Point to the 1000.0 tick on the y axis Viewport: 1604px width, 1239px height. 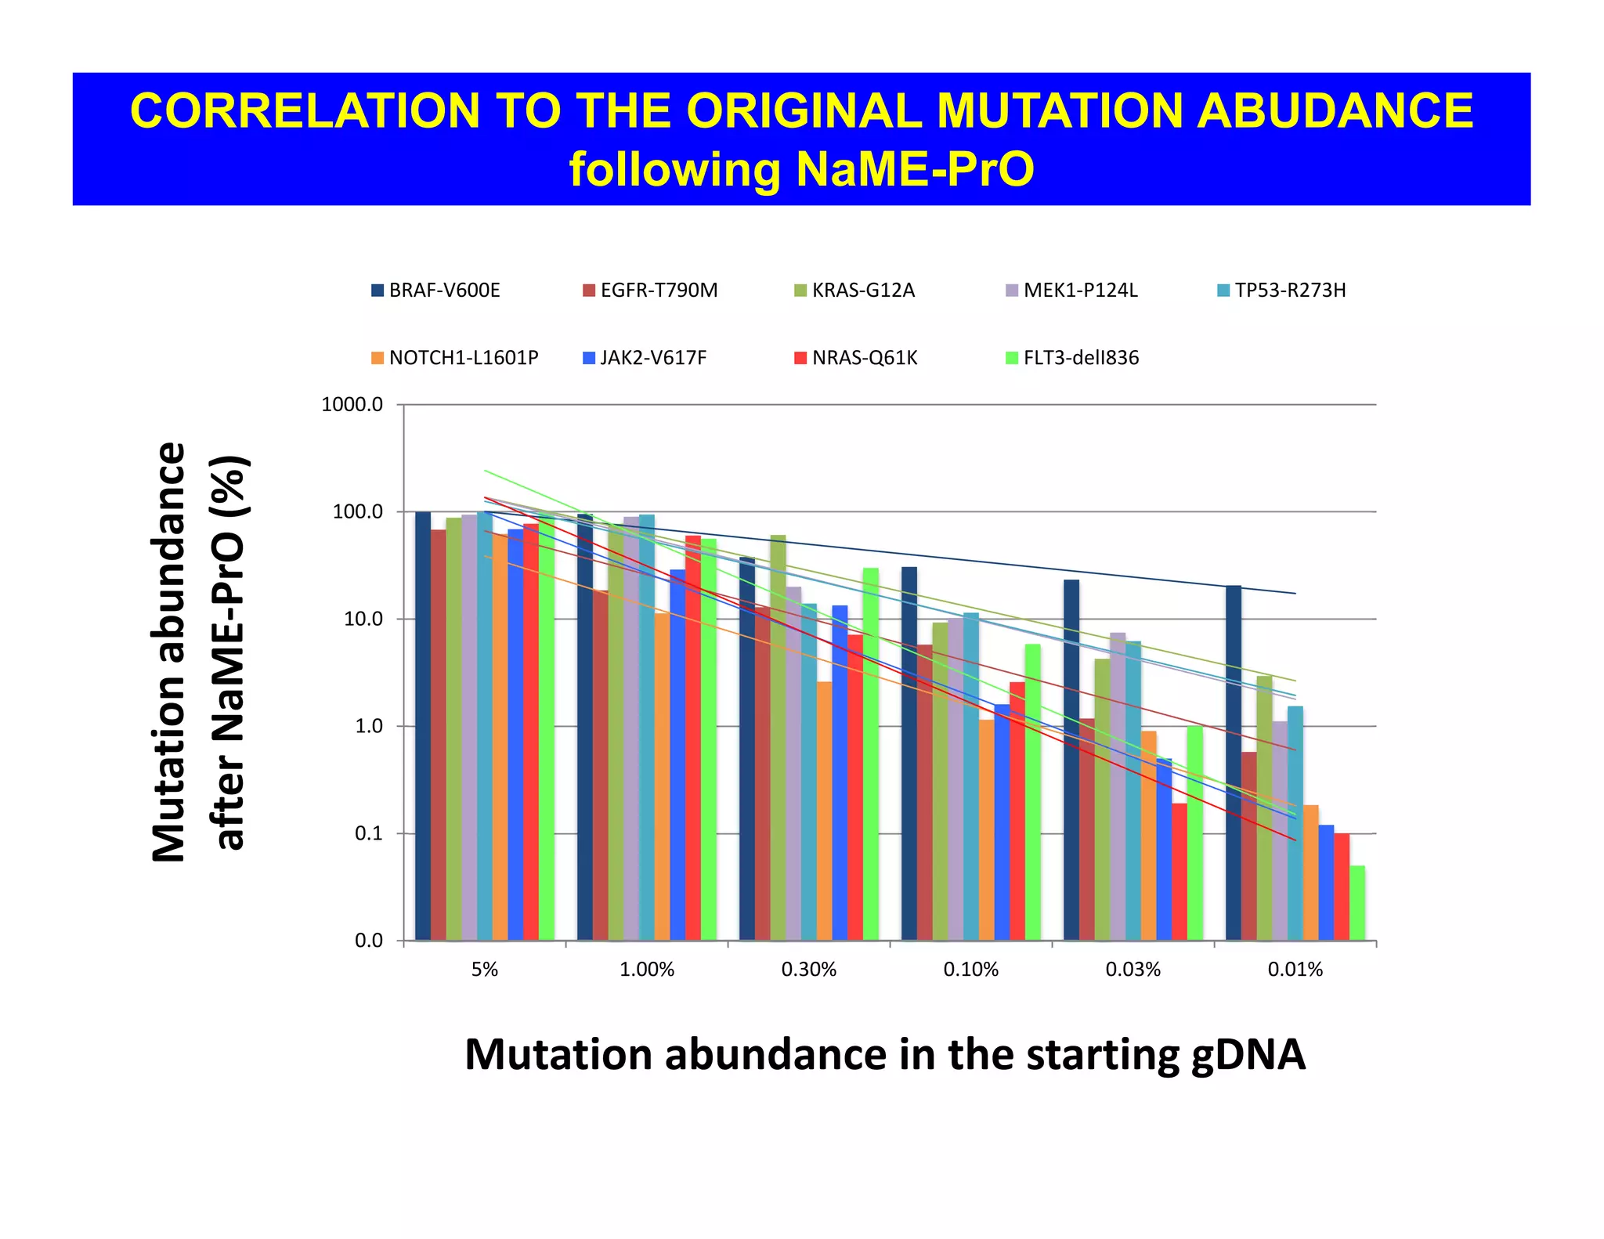pyautogui.click(x=352, y=405)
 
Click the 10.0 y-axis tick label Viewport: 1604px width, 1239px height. pyautogui.click(x=363, y=619)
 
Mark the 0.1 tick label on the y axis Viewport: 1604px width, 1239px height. pyautogui.click(x=368, y=834)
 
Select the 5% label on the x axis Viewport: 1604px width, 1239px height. pyautogui.click(x=484, y=970)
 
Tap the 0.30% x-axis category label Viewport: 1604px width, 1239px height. pyautogui.click(x=808, y=970)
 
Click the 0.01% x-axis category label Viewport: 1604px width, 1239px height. pyautogui.click(x=1295, y=970)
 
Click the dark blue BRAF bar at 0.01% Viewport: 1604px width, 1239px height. pyautogui.click(x=1233, y=764)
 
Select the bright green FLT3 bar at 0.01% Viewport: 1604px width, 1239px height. pyautogui.click(x=1357, y=902)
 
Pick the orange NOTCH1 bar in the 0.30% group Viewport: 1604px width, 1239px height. pyautogui.click(x=824, y=811)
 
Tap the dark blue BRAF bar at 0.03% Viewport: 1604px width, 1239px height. pyautogui.click(x=1071, y=760)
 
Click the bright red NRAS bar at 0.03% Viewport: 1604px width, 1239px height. pyautogui.click(x=1179, y=871)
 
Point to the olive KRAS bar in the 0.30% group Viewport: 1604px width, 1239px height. pyautogui.click(x=778, y=736)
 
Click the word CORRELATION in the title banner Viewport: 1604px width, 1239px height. pyautogui.click(x=305, y=110)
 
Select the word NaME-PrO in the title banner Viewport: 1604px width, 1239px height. pyautogui.click(x=914, y=169)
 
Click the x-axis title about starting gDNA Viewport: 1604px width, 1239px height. pyautogui.click(x=884, y=1054)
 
